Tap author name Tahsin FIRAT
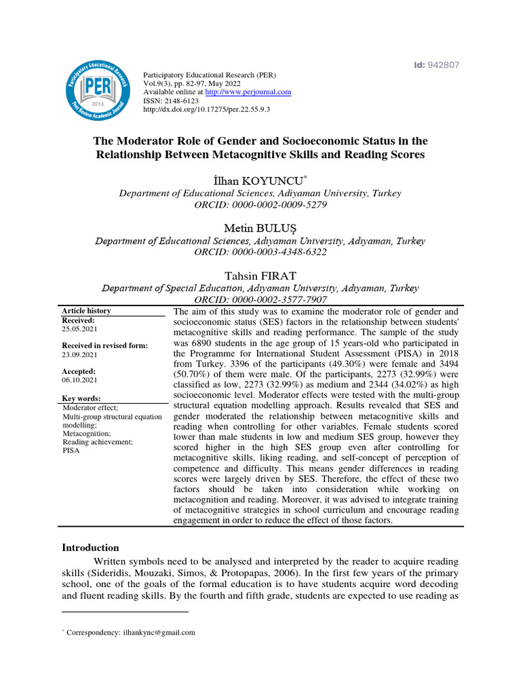(260, 275)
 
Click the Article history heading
(86, 311)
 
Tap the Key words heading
(81, 398)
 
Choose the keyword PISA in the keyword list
(71, 450)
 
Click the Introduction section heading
(90, 548)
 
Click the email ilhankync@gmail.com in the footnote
(159, 632)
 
